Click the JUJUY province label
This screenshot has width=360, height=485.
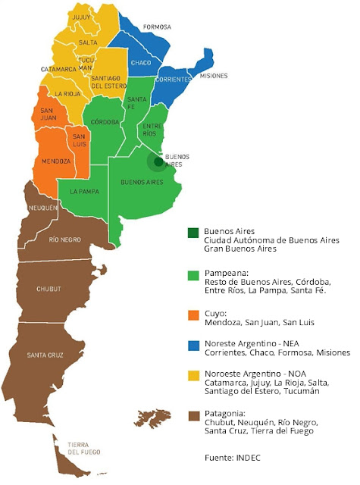(80, 16)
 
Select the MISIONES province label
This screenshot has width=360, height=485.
(214, 77)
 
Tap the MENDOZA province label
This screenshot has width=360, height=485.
(57, 161)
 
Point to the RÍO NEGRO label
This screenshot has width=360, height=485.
(67, 239)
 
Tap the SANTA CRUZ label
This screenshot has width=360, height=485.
(45, 355)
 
